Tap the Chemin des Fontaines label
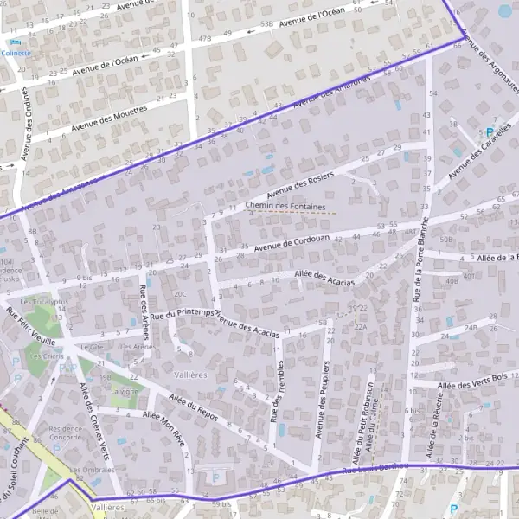coord(285,207)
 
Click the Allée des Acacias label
coord(324,277)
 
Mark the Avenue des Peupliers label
coord(322,398)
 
